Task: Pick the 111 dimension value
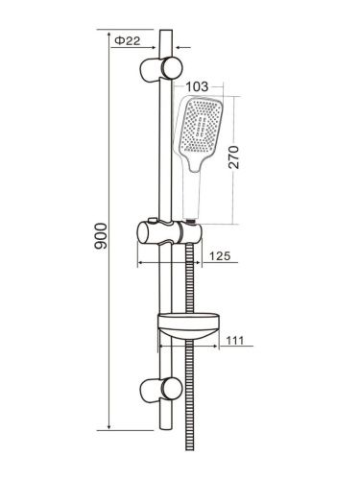coord(237,341)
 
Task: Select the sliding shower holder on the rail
coord(168,233)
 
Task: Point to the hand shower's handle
coord(195,192)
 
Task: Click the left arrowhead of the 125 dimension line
coord(143,263)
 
